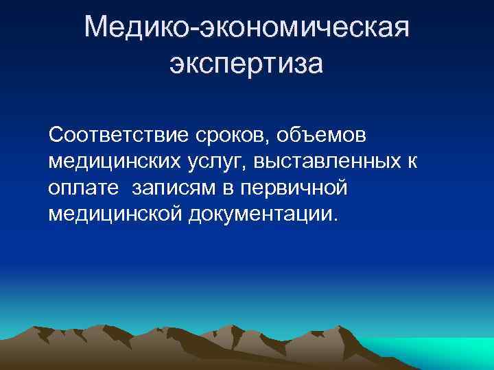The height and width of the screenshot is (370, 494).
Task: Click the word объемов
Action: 322,136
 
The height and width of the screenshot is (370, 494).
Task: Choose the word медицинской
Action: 115,214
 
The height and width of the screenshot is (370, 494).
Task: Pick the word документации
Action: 261,215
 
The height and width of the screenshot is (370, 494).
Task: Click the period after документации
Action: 336,219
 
